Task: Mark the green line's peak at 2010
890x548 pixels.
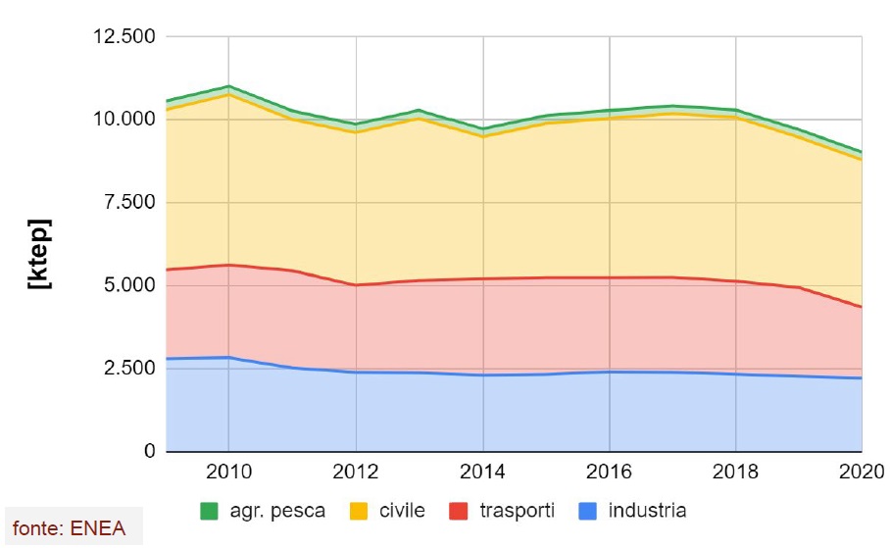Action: coord(227,86)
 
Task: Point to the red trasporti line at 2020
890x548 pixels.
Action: coord(861,307)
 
